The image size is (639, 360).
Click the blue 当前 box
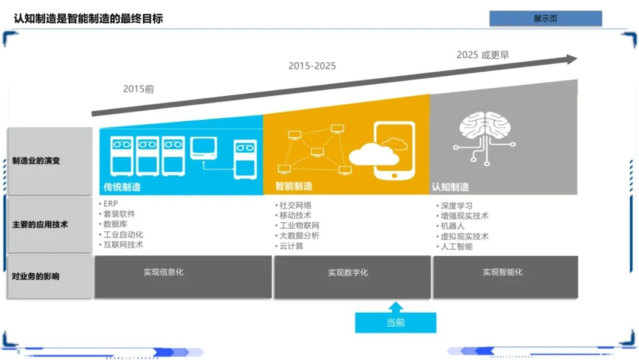pos(395,323)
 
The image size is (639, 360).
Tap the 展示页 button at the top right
pos(545,18)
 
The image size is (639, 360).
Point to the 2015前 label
pos(138,89)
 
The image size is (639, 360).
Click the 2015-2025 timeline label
pos(312,66)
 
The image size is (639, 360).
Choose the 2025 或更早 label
pos(482,54)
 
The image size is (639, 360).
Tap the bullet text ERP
pos(111,204)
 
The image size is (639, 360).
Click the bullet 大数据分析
pos(299,236)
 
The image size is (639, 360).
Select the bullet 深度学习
pos(457,205)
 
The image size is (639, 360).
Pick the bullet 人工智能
pos(457,246)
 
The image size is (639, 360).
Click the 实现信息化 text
pos(163,272)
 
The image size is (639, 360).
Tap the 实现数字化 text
pos(348,272)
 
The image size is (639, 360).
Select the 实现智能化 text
pos(502,272)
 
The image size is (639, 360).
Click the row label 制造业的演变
pos(36,160)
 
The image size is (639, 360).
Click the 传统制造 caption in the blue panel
pos(122,187)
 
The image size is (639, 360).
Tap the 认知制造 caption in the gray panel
pos(450,187)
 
